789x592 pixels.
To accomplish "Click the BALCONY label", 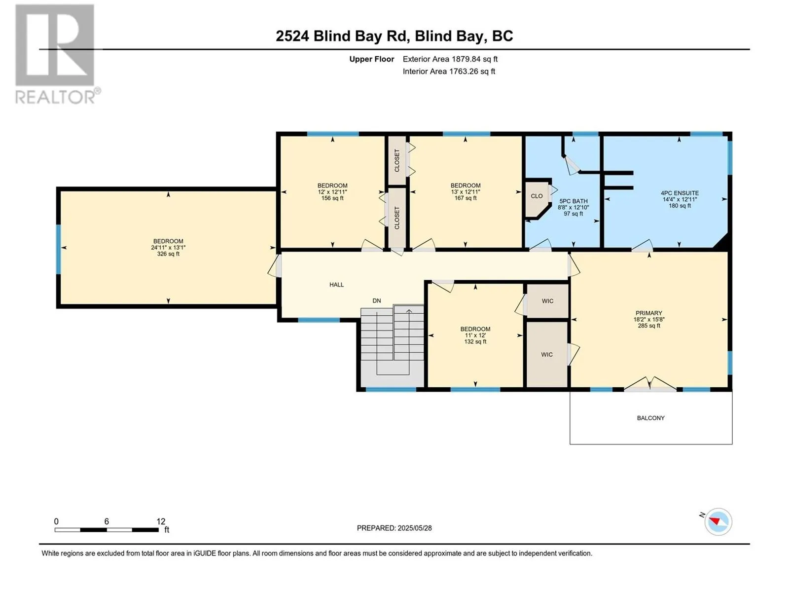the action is click(650, 418).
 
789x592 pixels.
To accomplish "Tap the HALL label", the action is click(336, 285).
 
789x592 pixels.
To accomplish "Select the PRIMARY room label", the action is click(648, 313).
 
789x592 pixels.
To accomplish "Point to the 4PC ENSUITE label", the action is click(680, 193).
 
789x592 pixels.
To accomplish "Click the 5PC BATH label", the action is click(574, 201).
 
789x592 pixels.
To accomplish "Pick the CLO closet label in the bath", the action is click(537, 196).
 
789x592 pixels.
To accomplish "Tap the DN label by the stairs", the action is click(376, 300).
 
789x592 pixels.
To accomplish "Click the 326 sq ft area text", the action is click(168, 254).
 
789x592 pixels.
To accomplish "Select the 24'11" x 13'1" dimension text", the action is click(168, 248).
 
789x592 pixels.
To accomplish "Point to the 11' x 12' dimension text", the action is click(475, 335).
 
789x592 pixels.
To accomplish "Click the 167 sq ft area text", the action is click(466, 198).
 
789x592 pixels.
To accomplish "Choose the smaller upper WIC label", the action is click(547, 301).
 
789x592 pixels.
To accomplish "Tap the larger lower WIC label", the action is click(547, 355).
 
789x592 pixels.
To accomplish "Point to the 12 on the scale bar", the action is click(161, 521).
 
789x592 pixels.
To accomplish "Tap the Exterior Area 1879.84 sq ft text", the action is click(450, 59).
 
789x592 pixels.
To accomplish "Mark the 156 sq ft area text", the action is click(332, 198).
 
